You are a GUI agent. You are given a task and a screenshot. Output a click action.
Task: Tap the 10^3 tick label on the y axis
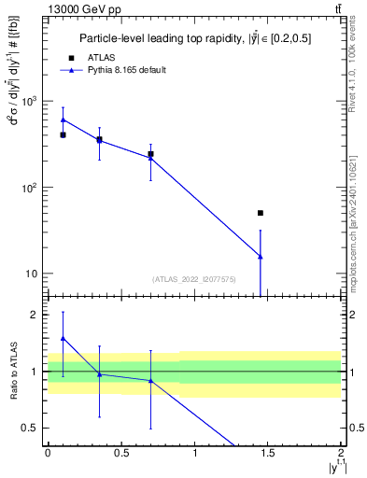[x=29, y=101]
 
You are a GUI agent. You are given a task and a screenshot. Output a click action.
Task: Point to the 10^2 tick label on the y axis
[x=29, y=188]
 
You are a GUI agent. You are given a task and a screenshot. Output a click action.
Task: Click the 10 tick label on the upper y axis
[x=33, y=274]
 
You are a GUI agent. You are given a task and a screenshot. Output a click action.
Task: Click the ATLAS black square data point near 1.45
[x=261, y=213]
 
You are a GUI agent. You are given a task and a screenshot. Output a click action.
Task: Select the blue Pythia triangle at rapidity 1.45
[x=261, y=256]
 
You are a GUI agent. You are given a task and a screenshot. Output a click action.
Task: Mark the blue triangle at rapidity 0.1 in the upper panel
[x=63, y=119]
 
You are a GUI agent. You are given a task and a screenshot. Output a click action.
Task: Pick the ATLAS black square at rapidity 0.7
[x=150, y=154]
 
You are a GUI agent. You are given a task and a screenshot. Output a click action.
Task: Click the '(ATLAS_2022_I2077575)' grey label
[x=194, y=278]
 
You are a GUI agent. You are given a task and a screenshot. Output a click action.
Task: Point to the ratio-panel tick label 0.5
[x=30, y=428]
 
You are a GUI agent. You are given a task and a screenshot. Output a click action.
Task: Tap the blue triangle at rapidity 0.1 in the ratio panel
[x=63, y=338]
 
